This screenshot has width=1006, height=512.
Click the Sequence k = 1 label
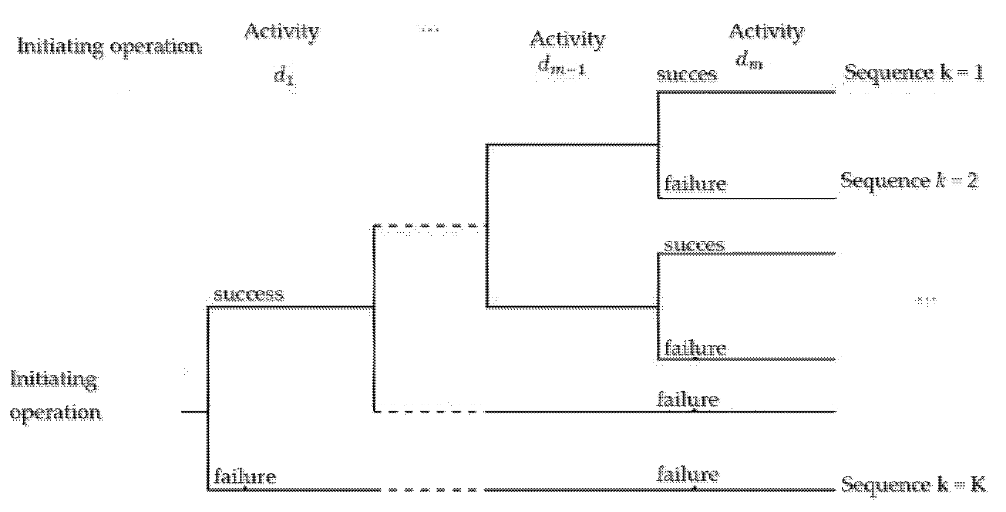(x=913, y=73)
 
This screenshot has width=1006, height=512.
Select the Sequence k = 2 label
(x=909, y=181)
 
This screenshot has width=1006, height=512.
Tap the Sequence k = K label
(x=913, y=484)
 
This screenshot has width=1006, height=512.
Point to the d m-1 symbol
(x=561, y=65)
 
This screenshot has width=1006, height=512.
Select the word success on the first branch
(x=248, y=294)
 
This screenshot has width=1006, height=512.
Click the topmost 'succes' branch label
(x=687, y=74)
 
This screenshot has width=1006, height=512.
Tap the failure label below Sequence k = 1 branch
(x=695, y=183)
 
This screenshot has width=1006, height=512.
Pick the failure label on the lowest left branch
(x=245, y=477)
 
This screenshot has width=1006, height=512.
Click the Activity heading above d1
(x=282, y=31)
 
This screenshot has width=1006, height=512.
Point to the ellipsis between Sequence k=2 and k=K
(x=926, y=300)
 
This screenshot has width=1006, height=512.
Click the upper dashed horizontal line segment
(x=430, y=225)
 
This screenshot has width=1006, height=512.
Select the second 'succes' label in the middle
(x=694, y=245)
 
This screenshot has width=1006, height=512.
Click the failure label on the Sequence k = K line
(x=687, y=475)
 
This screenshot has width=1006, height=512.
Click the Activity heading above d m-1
(x=567, y=39)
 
